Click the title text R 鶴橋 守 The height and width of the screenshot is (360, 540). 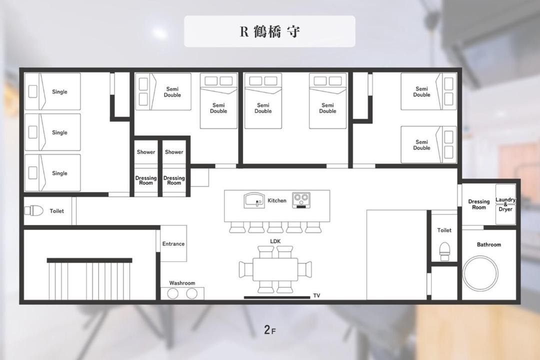tap(269, 31)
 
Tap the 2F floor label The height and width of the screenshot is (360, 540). tap(270, 330)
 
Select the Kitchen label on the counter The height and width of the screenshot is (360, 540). tap(277, 200)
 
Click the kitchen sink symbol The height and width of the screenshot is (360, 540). tap(254, 200)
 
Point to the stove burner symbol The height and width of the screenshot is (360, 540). tap(301, 200)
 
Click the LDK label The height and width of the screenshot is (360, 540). tap(275, 241)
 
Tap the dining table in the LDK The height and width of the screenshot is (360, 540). tap(275, 269)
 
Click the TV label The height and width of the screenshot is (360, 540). tap(316, 295)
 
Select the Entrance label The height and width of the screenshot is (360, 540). tap(173, 243)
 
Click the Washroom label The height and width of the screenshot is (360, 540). tap(182, 283)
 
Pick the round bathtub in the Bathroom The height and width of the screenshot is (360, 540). tap(480, 273)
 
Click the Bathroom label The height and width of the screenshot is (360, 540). tap(488, 244)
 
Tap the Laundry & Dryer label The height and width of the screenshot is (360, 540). tap(505, 204)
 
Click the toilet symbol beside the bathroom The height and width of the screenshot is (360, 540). tap(444, 251)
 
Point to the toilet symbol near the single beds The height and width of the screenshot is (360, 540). tap(34, 211)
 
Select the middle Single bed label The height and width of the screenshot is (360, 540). tap(59, 132)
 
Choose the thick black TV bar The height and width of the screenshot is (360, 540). tap(277, 297)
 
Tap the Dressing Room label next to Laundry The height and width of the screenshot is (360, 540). tap(478, 204)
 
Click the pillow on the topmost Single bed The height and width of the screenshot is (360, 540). tap(32, 91)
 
